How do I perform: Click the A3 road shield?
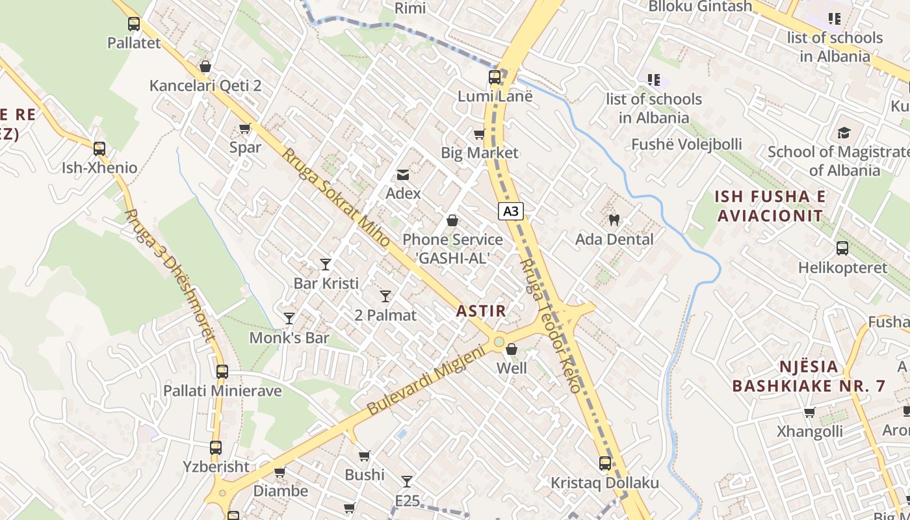coord(511,211)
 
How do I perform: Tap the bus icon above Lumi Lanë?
coord(495,77)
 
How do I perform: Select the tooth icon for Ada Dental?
coord(614,220)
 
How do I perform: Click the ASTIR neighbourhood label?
coord(481,311)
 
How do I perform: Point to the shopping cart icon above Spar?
coord(245,128)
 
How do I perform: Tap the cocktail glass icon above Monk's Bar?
coord(289,318)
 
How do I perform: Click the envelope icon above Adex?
coord(403,174)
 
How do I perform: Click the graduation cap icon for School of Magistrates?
coord(844,133)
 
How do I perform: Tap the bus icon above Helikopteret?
coord(842,248)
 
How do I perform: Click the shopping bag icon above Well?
coord(512,349)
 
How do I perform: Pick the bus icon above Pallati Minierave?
coord(222,372)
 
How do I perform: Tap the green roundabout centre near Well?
coord(499,342)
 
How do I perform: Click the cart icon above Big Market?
coord(480,134)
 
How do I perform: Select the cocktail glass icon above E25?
coord(407,481)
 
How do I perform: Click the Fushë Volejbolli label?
coord(686,144)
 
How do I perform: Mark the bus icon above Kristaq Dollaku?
coord(605,463)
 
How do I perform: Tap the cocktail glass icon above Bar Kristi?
coord(326,264)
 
